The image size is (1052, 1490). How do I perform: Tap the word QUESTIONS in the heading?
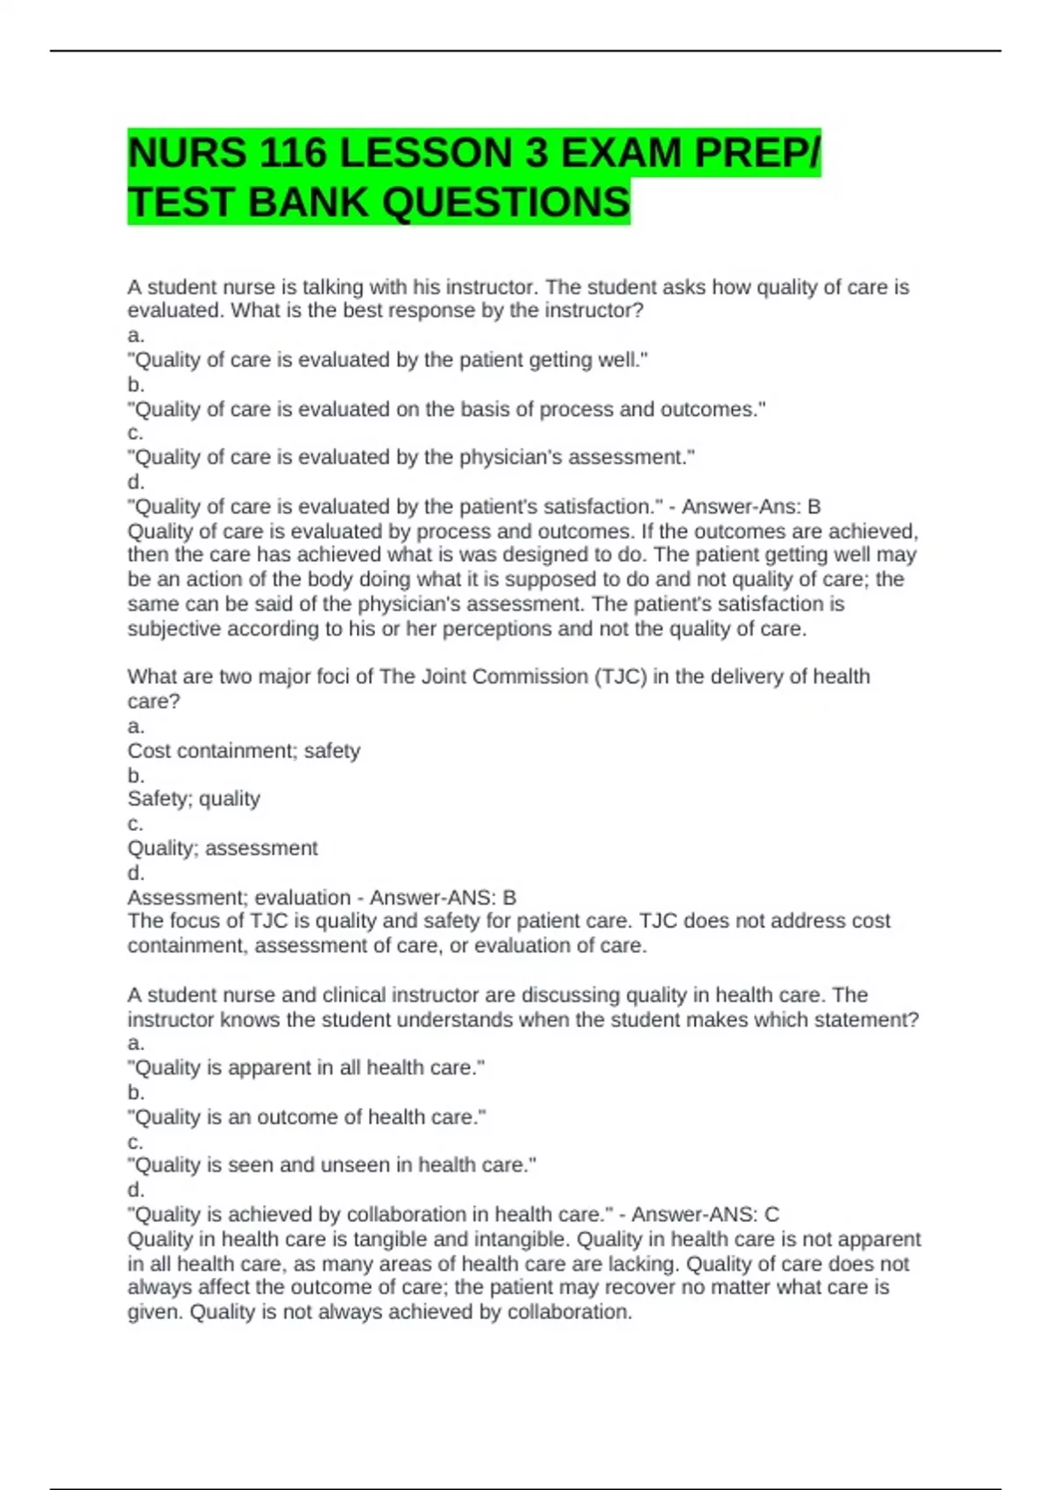click(x=506, y=202)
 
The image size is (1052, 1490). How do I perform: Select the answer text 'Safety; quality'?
click(x=194, y=798)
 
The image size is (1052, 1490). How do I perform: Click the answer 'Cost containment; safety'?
click(x=244, y=750)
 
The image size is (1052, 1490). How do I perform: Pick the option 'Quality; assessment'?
click(x=223, y=848)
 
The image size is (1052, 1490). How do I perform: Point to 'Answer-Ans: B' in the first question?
click(x=751, y=507)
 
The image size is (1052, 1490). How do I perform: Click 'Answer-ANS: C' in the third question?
click(x=705, y=1214)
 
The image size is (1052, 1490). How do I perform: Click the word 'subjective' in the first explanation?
click(x=174, y=628)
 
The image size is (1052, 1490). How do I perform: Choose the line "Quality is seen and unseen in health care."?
click(x=331, y=1165)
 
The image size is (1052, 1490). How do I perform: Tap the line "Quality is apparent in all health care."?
click(x=306, y=1068)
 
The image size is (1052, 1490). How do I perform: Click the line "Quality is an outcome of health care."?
click(x=306, y=1117)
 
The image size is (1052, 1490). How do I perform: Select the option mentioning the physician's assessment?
click(x=411, y=458)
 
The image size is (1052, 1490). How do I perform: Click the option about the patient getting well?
click(x=387, y=359)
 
